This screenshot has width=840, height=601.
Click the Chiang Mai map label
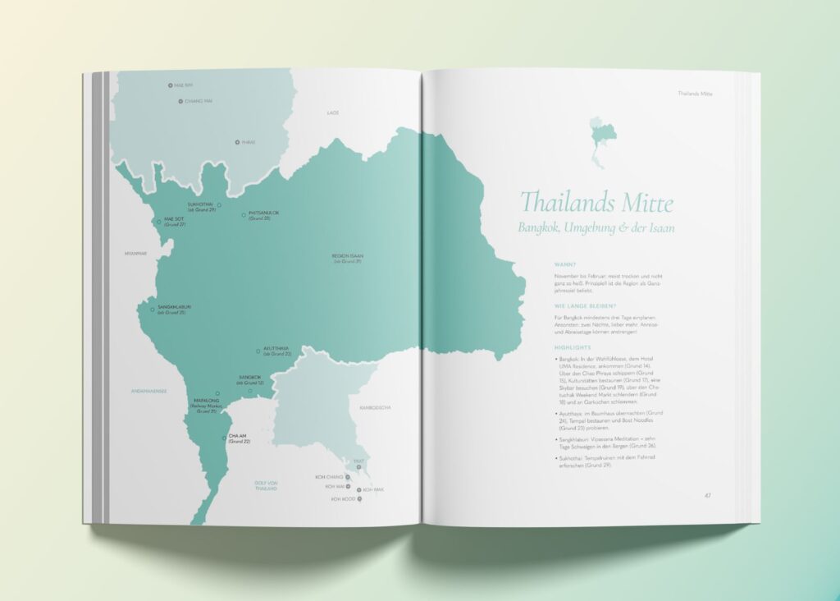pyautogui.click(x=199, y=101)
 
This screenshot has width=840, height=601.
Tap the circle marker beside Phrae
pyautogui.click(x=238, y=142)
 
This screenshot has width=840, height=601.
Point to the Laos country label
pyautogui.click(x=333, y=112)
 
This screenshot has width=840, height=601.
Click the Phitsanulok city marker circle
pyautogui.click(x=244, y=215)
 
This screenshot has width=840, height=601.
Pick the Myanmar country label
pyautogui.click(x=135, y=253)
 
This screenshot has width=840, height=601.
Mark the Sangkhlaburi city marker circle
pyautogui.click(x=152, y=309)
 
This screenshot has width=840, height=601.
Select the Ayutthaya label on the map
pyautogui.click(x=276, y=351)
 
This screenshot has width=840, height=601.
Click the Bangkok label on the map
pyautogui.click(x=250, y=380)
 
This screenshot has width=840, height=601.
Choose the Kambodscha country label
pyautogui.click(x=375, y=407)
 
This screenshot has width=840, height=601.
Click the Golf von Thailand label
pyautogui.click(x=265, y=486)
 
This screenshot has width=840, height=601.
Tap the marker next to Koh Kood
pyautogui.click(x=358, y=498)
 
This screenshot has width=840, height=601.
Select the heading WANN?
pyautogui.click(x=566, y=264)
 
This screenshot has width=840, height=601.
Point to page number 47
pyautogui.click(x=707, y=495)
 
